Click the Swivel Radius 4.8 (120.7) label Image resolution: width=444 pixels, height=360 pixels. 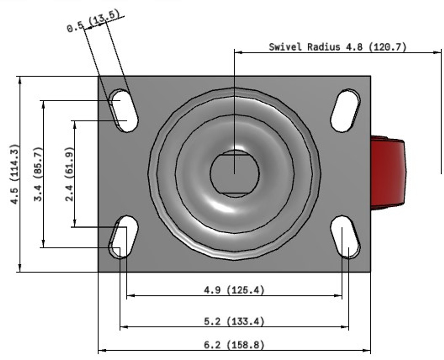337,47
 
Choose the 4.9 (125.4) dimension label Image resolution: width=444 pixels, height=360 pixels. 234,290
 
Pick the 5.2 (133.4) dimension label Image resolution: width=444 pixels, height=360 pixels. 234,322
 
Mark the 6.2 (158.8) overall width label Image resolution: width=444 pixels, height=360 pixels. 234,345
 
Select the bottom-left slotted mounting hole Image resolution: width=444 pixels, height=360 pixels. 123,237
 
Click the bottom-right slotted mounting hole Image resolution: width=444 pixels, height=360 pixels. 345,237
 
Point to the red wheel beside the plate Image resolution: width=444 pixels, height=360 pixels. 387,173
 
